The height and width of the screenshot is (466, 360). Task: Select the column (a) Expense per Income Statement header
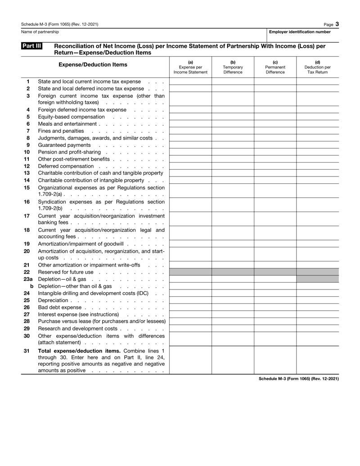point(190,67)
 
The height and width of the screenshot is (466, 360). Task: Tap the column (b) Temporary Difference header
point(233,67)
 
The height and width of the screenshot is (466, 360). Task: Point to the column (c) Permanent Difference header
point(275,67)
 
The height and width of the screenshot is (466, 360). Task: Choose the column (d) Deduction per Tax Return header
point(318,67)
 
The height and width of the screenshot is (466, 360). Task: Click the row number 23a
point(28,280)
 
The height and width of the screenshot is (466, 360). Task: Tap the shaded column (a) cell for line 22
point(190,272)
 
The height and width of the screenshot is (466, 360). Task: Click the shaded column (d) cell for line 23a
point(318,280)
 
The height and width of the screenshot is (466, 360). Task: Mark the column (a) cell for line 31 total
point(190,360)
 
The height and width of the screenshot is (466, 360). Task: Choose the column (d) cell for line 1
point(318,82)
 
